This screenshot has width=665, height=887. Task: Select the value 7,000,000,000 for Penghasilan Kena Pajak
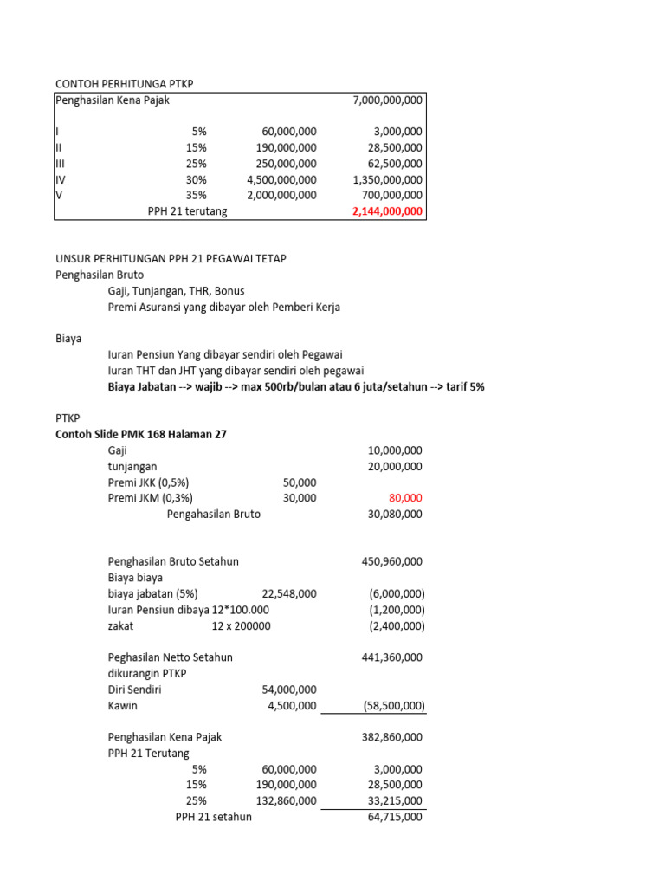tap(388, 100)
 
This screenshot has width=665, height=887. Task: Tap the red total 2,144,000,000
tap(388, 211)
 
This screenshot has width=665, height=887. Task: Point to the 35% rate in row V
tap(195, 195)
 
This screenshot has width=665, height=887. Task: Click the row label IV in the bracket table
tap(60, 179)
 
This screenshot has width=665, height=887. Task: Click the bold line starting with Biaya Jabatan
tap(296, 387)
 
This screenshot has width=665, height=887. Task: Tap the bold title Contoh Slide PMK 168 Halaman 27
tap(141, 435)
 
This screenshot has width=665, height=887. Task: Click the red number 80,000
tap(406, 498)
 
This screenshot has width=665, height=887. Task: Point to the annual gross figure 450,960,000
tap(391, 561)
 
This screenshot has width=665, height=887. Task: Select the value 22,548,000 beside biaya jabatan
tap(289, 593)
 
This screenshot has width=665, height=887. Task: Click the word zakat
tap(121, 625)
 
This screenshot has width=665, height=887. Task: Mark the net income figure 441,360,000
tap(391, 657)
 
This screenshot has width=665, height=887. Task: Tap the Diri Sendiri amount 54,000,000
tap(289, 690)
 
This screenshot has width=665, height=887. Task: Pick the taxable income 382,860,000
tap(391, 737)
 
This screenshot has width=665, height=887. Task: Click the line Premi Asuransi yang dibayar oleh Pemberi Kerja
tap(224, 308)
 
